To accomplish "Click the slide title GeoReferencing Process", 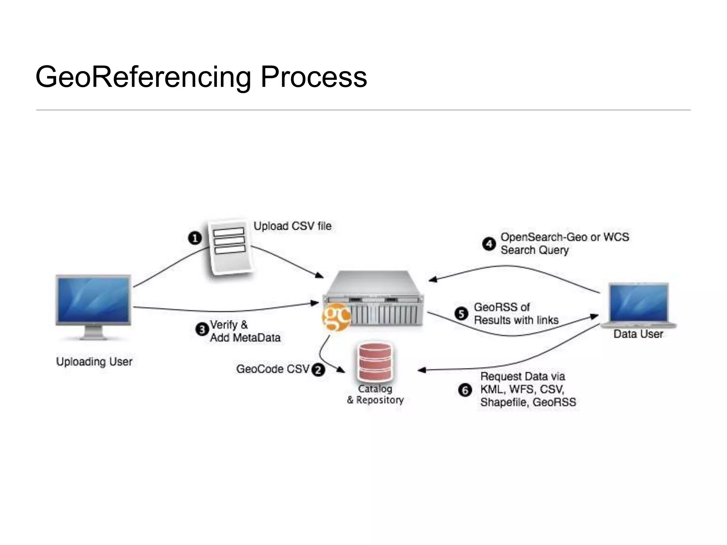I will pyautogui.click(x=201, y=77).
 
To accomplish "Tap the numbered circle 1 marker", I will pyautogui.click(x=195, y=238).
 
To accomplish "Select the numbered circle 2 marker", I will pyautogui.click(x=318, y=370).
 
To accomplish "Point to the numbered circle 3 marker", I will pyautogui.click(x=202, y=330).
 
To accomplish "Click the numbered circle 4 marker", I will pyautogui.click(x=489, y=244).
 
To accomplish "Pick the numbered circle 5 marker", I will pyautogui.click(x=461, y=314).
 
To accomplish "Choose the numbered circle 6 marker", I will pyautogui.click(x=465, y=390).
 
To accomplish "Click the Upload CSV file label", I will pyautogui.click(x=292, y=226).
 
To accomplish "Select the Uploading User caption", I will pyautogui.click(x=94, y=362).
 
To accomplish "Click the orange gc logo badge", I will pyautogui.click(x=336, y=316).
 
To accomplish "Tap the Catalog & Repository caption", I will pyautogui.click(x=375, y=394).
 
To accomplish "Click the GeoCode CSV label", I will pyautogui.click(x=273, y=369).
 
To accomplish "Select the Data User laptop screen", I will pyautogui.click(x=638, y=303).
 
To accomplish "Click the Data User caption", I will pyautogui.click(x=638, y=334).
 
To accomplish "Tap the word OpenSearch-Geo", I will pyautogui.click(x=543, y=237).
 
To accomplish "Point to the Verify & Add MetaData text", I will pyautogui.click(x=245, y=331).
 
